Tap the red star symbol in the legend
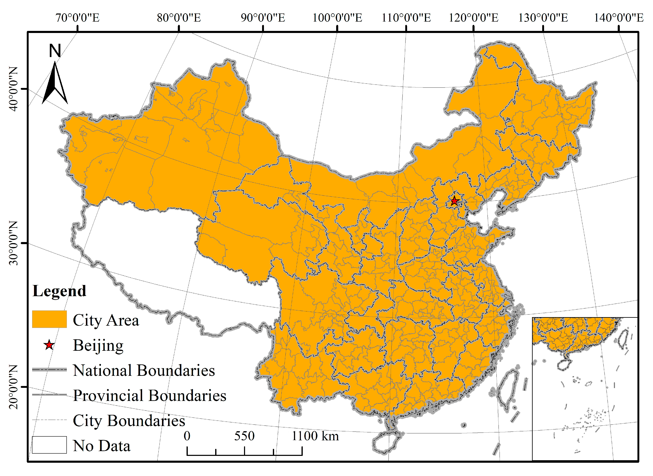pos(49,345)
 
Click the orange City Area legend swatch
pos(49,319)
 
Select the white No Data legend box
pos(49,445)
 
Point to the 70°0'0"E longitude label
pos(78,18)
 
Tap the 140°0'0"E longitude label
pos(619,18)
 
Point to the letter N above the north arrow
pos(55,51)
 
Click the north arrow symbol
pos(55,84)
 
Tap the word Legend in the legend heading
pos(59,291)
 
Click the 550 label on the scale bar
pos(244,436)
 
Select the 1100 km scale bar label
pos(315,436)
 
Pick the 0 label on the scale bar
pos(187,436)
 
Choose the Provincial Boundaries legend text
pos(149,395)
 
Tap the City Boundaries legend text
pos(129,421)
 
